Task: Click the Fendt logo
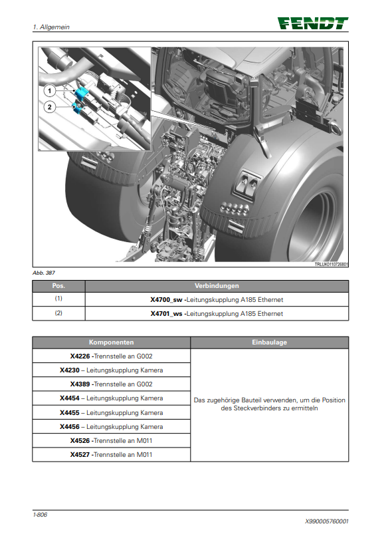pos(313,23)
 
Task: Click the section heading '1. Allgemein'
pos(51,27)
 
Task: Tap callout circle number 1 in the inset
pos(50,91)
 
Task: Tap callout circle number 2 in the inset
pos(50,107)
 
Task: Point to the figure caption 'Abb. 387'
pos(44,273)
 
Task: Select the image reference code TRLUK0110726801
pos(331,265)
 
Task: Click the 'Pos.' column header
pos(58,286)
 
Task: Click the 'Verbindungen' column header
pos(217,286)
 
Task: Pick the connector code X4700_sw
pos(166,300)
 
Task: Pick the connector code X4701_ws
pos(166,314)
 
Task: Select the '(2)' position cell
pos(58,313)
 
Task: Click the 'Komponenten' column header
pos(111,342)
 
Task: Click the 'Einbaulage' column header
pos(270,342)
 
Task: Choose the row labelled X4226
pos(111,356)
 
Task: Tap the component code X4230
pos(69,370)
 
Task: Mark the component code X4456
pos(69,427)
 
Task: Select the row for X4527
pos(111,454)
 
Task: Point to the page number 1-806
pos(40,514)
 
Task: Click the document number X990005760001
pos(327,521)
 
